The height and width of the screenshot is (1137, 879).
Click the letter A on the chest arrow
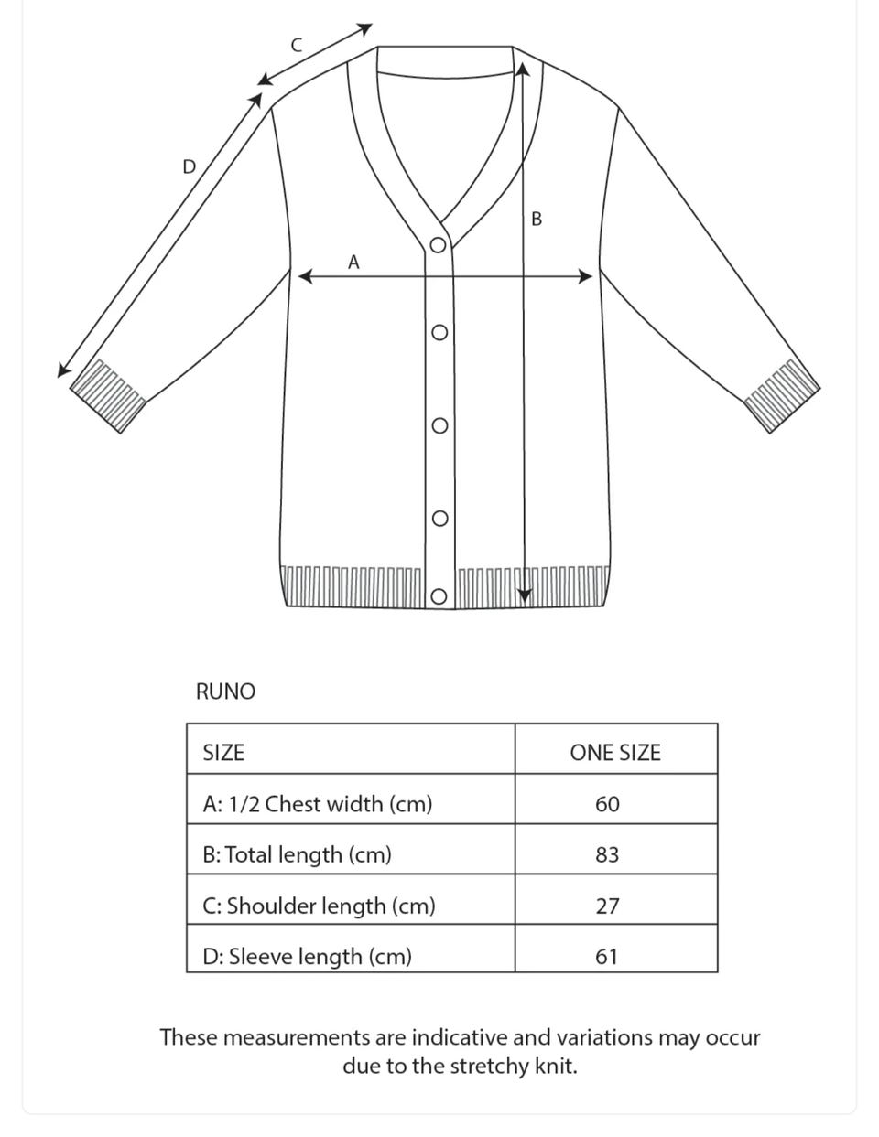click(x=353, y=263)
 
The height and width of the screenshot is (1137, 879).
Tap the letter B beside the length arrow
click(x=536, y=220)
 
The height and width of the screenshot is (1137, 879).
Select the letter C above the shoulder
click(x=296, y=44)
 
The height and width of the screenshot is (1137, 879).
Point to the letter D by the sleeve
click(x=189, y=166)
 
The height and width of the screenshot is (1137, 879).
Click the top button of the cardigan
click(x=439, y=245)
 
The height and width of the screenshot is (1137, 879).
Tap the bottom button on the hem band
click(x=439, y=597)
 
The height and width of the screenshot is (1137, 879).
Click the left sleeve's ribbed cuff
click(x=108, y=394)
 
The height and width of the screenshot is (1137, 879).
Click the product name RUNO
click(x=225, y=692)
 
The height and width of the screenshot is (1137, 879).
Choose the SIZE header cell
click(x=223, y=753)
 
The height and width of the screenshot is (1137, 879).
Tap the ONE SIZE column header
click(x=614, y=753)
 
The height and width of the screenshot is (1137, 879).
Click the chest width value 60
click(x=607, y=804)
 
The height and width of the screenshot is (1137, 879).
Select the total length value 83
click(x=607, y=854)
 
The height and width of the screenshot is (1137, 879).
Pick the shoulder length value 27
click(x=607, y=906)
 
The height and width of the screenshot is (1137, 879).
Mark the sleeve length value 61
click(x=607, y=956)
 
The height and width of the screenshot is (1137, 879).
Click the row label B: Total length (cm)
click(x=297, y=854)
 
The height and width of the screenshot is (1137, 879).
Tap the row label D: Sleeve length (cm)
click(x=307, y=956)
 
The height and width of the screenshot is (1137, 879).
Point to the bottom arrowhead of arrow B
click(x=524, y=595)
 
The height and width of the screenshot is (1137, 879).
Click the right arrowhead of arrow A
click(x=587, y=276)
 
